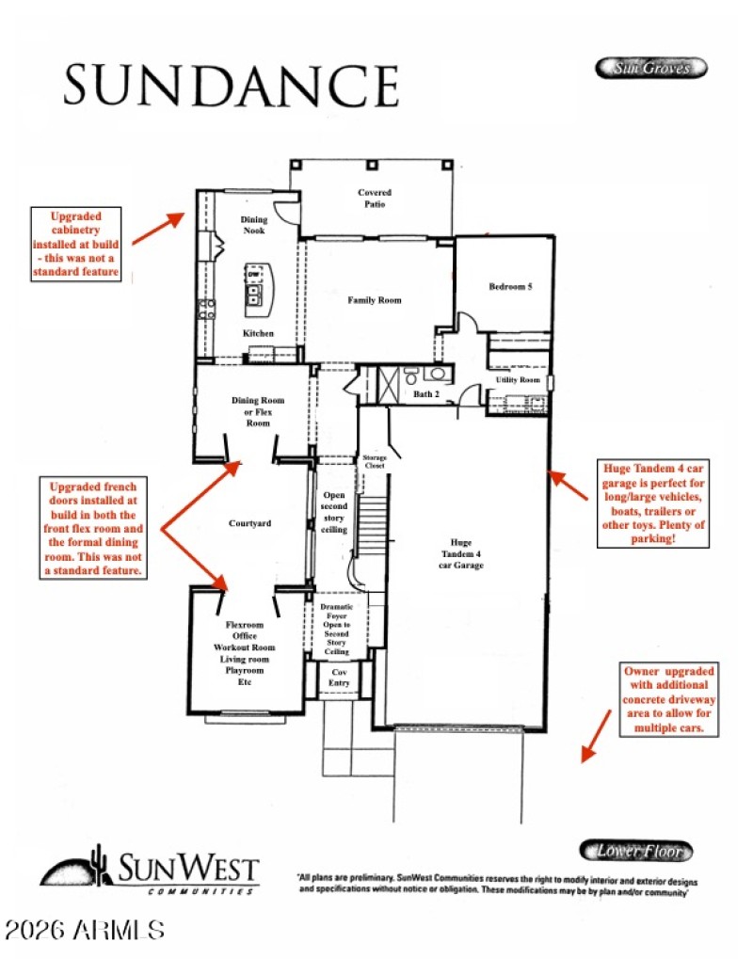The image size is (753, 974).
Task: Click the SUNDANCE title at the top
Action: [232, 85]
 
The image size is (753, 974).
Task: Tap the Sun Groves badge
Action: [650, 68]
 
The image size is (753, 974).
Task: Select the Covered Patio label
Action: [374, 199]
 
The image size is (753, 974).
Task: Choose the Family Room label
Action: [375, 300]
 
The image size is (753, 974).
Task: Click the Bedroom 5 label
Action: [510, 287]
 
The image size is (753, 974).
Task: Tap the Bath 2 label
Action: [426, 393]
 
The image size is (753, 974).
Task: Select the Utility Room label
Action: [518, 380]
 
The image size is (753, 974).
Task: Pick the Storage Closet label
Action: [375, 461]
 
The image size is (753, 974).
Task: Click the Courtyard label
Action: [250, 523]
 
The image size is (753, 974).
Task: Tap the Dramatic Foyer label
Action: [336, 630]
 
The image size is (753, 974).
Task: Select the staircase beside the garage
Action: [374, 527]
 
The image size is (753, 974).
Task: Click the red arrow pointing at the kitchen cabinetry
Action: [158, 228]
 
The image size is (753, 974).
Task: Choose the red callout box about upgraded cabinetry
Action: [78, 244]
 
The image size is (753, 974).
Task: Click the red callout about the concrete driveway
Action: [668, 700]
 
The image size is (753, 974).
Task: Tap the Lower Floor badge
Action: [635, 851]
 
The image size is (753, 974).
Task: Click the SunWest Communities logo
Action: [149, 870]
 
